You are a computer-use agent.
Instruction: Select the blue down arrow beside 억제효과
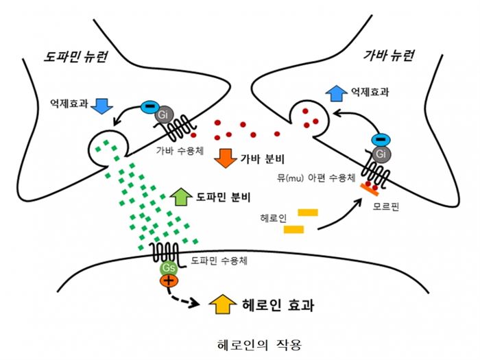(101, 104)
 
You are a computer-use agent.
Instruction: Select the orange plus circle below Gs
(169, 280)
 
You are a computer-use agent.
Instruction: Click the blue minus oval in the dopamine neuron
(148, 108)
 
